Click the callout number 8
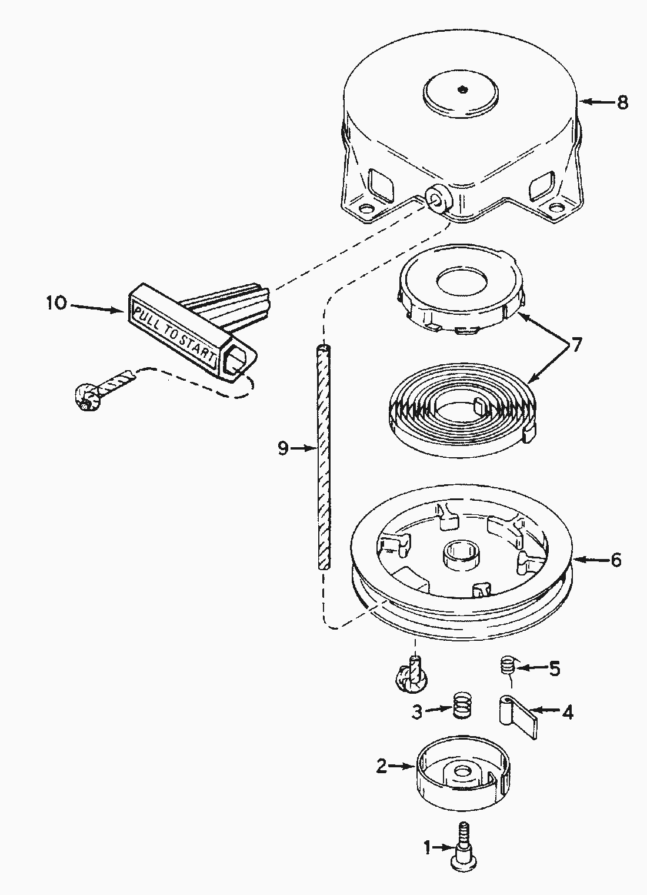[x=622, y=102]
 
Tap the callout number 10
[x=56, y=304]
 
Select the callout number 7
[x=576, y=345]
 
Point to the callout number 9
[x=284, y=448]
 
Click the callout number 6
[x=616, y=560]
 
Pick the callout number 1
[x=428, y=848]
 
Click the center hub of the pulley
[x=459, y=554]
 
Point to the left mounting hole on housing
[x=366, y=209]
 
